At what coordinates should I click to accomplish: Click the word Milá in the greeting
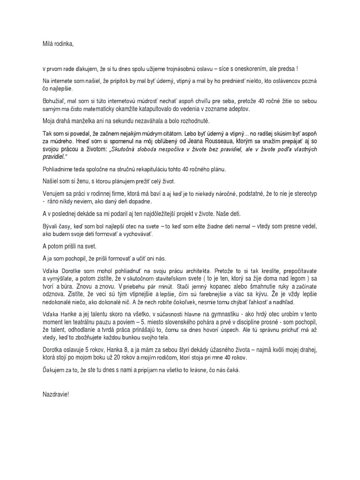48,45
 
